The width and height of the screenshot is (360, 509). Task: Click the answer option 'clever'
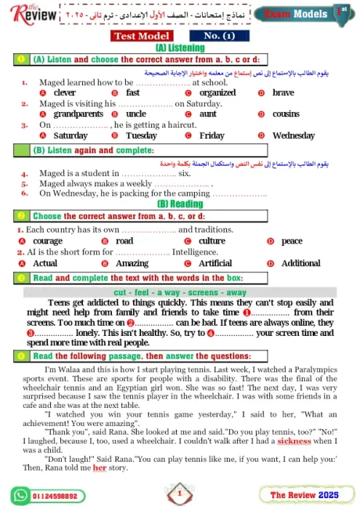coord(65,93)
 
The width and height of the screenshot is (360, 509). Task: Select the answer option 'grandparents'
coord(79,114)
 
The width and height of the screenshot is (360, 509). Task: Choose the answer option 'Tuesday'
coord(141,135)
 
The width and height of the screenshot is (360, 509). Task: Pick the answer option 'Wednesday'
coord(293,135)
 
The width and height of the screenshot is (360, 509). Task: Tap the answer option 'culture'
coord(212,241)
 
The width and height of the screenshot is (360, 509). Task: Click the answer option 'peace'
coord(292,241)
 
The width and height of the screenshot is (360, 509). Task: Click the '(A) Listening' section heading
coord(180,47)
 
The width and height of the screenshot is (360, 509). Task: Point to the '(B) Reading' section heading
coord(180,204)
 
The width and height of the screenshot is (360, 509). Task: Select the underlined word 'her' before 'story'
coord(99,468)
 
